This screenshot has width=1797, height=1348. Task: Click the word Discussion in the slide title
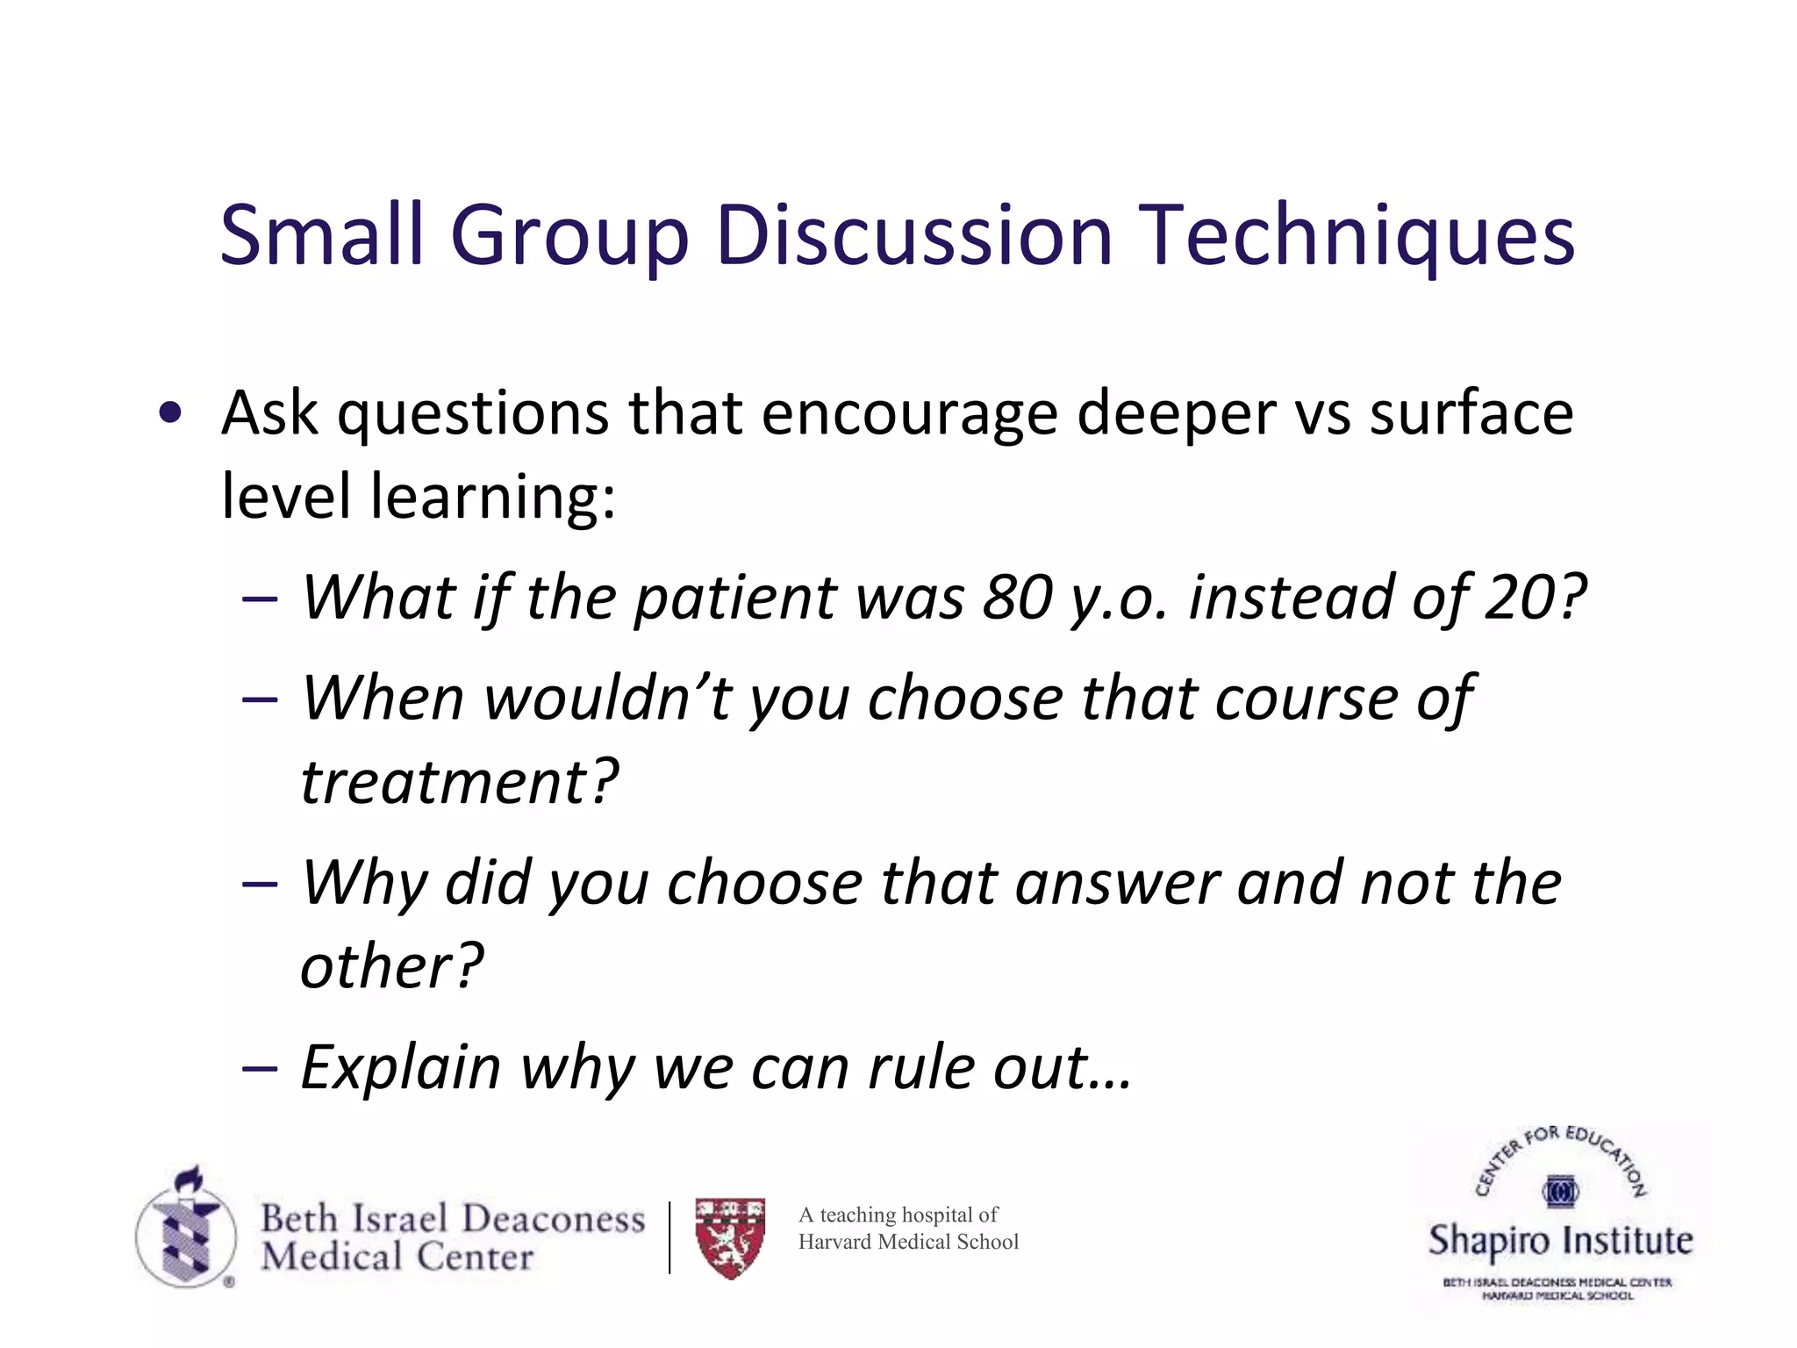[x=915, y=235]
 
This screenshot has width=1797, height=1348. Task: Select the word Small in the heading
[x=322, y=235]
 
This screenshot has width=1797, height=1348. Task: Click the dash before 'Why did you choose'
[x=260, y=884]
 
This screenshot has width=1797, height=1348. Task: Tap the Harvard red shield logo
[x=730, y=1237]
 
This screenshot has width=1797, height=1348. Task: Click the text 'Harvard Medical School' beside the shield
[x=908, y=1242]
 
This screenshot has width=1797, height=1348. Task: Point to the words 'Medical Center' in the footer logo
[x=397, y=1257]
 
